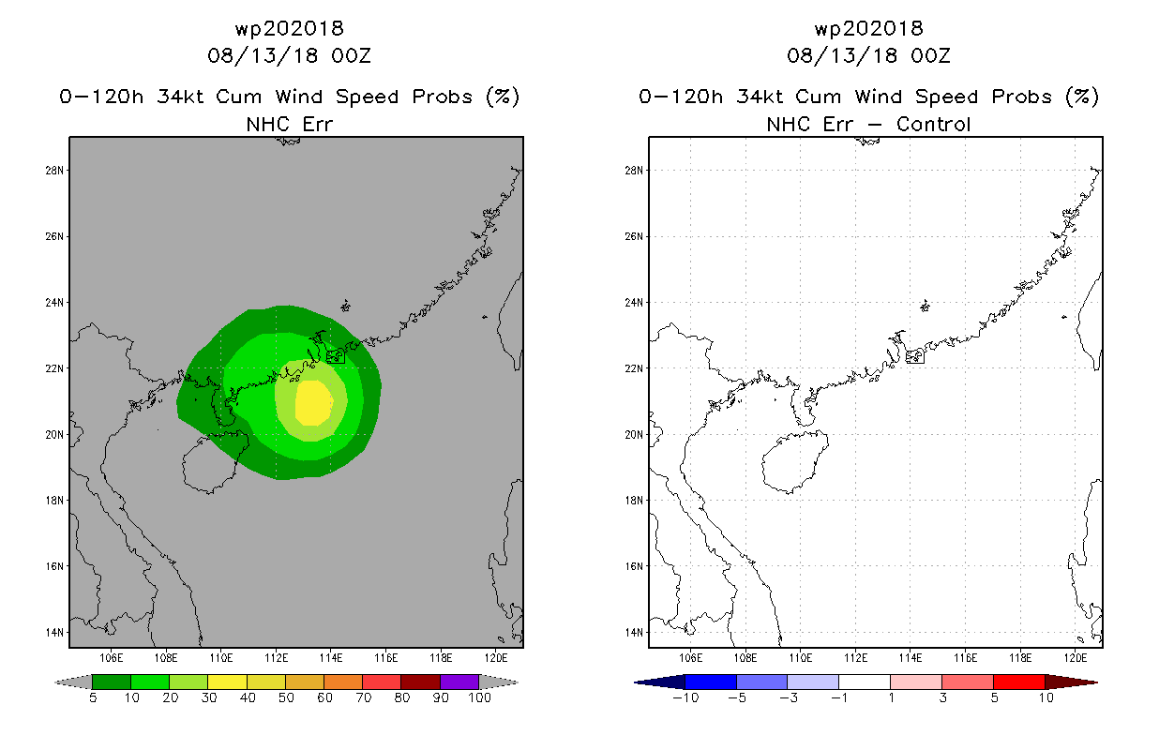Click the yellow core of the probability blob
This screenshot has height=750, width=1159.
point(313,402)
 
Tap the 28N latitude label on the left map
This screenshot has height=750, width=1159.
point(53,171)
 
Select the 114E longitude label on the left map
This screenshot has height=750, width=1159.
point(331,658)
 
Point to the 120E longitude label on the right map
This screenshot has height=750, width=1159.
point(1076,658)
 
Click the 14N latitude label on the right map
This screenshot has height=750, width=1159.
point(633,632)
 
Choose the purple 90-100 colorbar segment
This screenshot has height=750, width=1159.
point(459,682)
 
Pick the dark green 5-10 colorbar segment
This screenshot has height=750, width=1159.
point(112,682)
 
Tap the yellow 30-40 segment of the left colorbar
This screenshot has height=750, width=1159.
point(227,682)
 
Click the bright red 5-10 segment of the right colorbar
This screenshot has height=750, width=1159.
point(1019,682)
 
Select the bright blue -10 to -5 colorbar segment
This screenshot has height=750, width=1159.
point(711,682)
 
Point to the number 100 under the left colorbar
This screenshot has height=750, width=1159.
point(479,697)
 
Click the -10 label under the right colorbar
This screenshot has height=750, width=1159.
point(685,697)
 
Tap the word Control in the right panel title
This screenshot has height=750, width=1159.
point(933,124)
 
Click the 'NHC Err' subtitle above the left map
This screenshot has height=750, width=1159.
point(289,124)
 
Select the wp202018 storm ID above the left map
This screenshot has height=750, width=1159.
point(289,28)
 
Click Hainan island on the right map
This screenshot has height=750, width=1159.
point(794,461)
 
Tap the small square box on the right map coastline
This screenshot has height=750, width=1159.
point(915,356)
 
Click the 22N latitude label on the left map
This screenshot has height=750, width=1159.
point(53,368)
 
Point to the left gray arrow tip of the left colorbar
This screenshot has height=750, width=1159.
point(54,682)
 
